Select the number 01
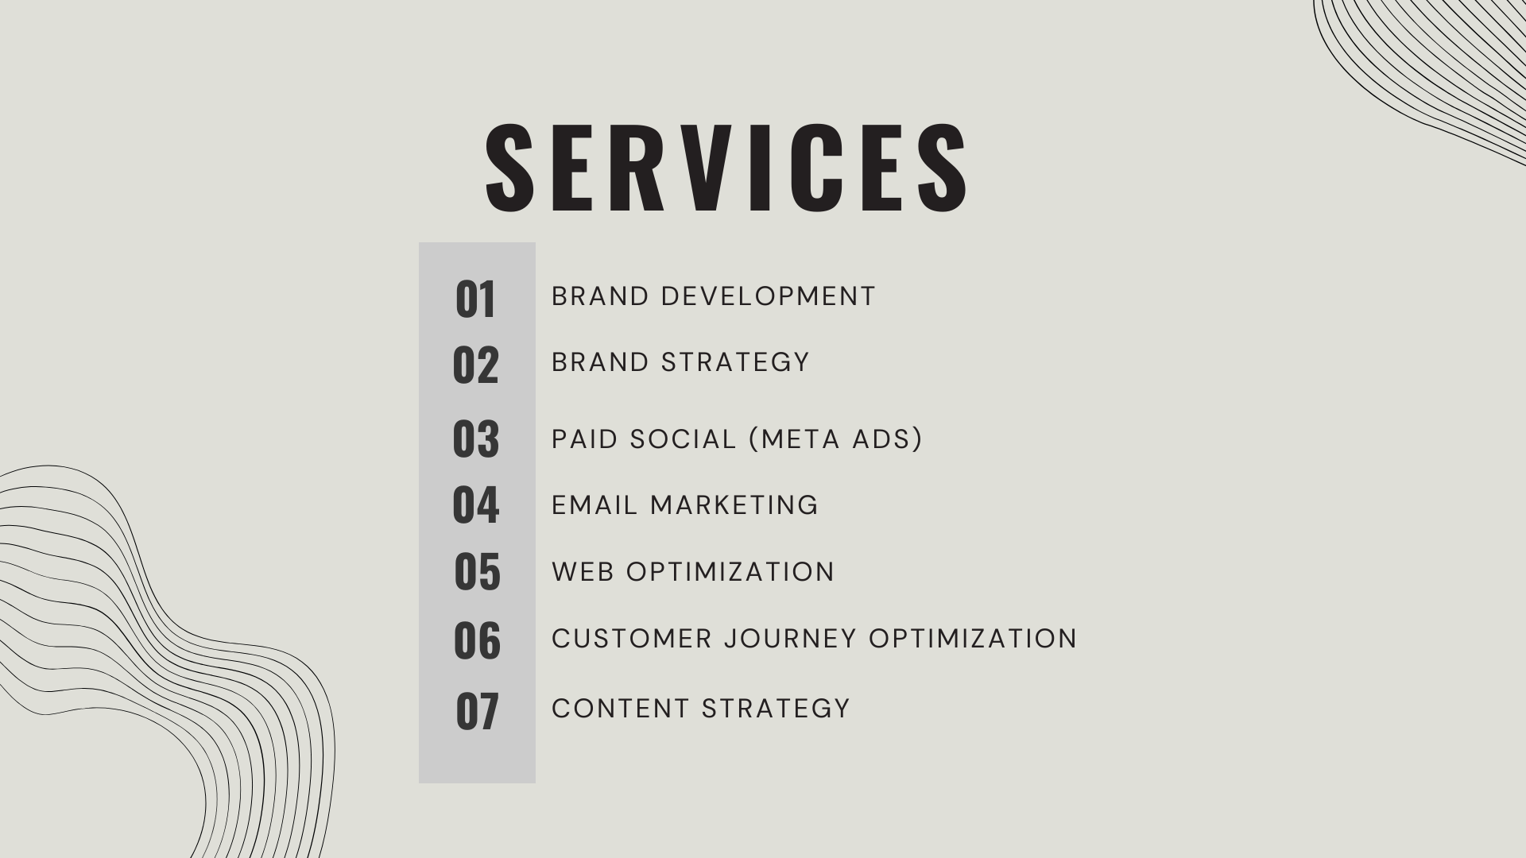[475, 300]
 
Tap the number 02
[475, 365]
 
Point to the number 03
[475, 439]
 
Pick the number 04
[475, 505]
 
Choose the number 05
[477, 572]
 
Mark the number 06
[477, 641]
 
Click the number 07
[477, 711]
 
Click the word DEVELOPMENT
[768, 296]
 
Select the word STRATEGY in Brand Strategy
[735, 362]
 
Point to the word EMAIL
[595, 505]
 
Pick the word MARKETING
[734, 505]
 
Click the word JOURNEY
[791, 639]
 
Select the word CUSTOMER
[632, 639]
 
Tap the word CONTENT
[620, 709]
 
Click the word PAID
[585, 439]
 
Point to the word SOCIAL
[683, 439]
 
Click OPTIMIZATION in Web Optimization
[730, 572]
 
